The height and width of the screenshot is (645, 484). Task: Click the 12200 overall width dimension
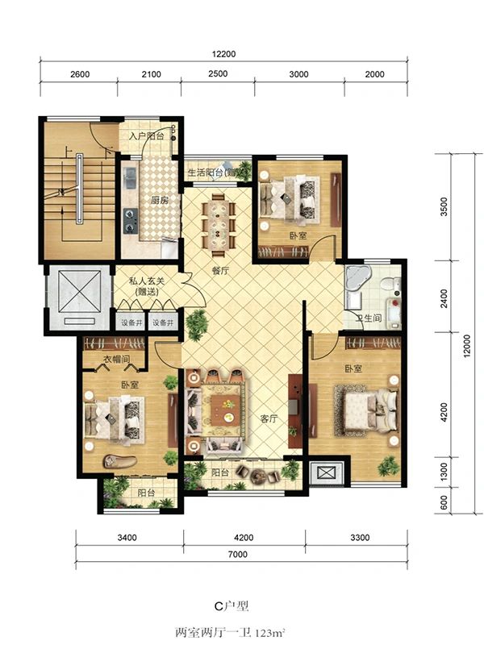point(223,54)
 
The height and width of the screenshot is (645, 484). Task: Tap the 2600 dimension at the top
point(80,74)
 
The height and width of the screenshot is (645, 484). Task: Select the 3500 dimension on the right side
point(444,207)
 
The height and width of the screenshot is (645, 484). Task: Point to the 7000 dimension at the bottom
point(238,554)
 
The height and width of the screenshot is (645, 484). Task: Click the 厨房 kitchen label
point(159,200)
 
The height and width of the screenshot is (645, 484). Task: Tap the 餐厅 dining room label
point(220,271)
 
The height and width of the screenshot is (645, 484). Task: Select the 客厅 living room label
point(269,418)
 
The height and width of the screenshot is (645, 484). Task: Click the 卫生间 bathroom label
point(369,318)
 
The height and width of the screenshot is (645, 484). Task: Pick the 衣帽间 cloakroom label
point(115,359)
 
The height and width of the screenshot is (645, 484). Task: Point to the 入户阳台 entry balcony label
point(147,136)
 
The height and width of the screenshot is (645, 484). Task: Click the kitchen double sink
point(131,177)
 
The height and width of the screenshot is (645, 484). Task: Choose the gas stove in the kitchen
point(131,220)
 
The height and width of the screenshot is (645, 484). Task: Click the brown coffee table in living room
point(225,411)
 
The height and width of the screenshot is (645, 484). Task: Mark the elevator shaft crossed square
point(79,291)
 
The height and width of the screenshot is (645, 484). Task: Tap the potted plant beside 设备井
point(197,324)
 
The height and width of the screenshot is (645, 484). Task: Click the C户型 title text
point(232,606)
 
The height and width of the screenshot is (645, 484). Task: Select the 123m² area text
point(270,633)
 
